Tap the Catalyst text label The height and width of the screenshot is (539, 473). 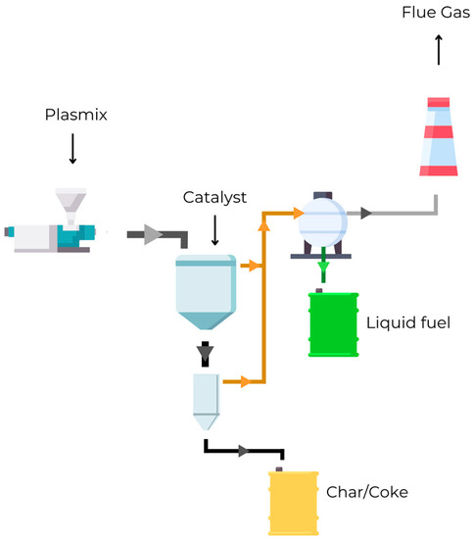[214, 197]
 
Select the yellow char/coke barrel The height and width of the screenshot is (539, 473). [295, 502]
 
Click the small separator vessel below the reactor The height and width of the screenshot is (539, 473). [206, 400]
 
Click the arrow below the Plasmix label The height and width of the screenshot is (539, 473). [72, 149]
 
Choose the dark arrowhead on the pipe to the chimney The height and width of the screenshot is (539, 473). [366, 212]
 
